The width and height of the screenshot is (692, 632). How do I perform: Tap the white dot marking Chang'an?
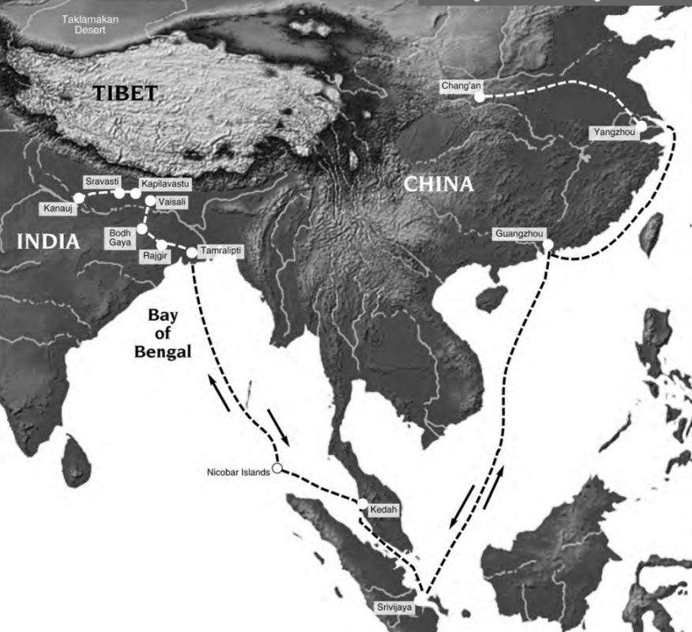point(480,98)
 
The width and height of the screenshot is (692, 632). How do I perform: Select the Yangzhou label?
point(612,133)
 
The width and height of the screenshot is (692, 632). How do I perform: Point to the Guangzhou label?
point(517,234)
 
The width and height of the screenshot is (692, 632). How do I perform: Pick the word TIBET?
point(126,93)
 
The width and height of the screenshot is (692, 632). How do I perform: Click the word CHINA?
point(438,184)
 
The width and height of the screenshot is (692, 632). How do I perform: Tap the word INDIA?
point(49,242)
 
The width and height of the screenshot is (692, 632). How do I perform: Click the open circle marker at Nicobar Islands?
point(276,468)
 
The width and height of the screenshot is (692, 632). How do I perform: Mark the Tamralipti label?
point(221,250)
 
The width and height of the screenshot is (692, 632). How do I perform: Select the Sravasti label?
point(100,181)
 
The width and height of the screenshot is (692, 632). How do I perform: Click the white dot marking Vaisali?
point(150,201)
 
